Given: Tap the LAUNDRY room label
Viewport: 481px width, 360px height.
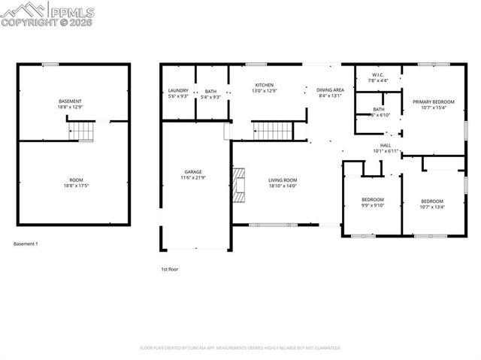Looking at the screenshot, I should (x=178, y=90).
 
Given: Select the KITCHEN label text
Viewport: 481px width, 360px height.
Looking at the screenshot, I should (x=264, y=85).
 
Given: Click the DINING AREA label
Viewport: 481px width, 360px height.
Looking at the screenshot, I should (x=330, y=89).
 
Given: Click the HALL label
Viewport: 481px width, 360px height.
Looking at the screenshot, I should (x=386, y=145).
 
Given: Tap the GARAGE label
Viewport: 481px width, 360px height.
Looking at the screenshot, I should (x=193, y=171).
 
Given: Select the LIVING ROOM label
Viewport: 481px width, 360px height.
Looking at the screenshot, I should (x=283, y=180).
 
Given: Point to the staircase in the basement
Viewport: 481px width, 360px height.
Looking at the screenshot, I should (x=83, y=133).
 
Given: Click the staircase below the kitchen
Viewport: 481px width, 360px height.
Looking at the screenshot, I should (x=271, y=131).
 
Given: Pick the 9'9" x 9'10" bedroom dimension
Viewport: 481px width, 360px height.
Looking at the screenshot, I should (x=362, y=205).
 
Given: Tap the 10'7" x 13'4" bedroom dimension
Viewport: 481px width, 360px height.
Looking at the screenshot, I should (x=432, y=207).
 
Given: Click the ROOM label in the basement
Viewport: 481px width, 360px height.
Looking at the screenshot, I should (x=76, y=180).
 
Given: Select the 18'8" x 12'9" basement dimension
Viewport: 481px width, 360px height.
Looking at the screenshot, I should (x=70, y=107).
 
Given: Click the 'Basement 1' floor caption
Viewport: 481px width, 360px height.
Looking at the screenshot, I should (x=26, y=244).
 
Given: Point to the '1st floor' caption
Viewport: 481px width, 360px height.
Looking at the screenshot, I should (x=170, y=268).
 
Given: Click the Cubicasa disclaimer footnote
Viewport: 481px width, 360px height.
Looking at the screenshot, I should (x=240, y=348).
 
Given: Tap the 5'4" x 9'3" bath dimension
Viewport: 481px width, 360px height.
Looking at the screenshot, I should (x=211, y=96).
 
